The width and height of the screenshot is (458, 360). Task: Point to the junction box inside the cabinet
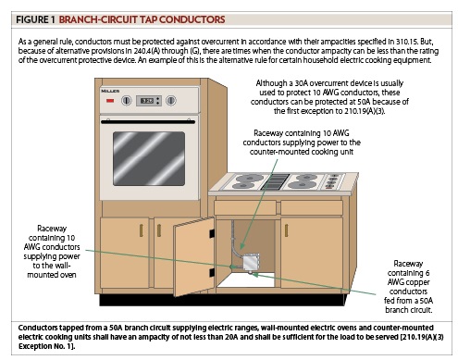(x=249, y=266)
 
